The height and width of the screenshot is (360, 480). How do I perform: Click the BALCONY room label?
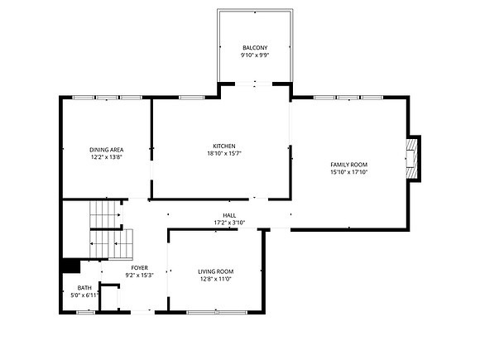[x=255, y=48]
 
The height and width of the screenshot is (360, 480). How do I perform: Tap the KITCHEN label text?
[x=224, y=146]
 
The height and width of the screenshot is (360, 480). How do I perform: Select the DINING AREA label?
[x=107, y=150]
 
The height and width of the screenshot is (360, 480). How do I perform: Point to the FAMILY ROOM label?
[x=348, y=165]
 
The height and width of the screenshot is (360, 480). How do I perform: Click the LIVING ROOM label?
[x=216, y=271]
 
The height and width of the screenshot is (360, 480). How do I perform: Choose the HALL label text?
[x=229, y=216]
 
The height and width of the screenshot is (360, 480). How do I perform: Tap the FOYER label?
[x=140, y=268]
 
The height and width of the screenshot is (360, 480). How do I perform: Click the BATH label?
[x=84, y=288]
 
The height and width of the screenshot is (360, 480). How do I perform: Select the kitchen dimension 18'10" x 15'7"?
[x=224, y=154]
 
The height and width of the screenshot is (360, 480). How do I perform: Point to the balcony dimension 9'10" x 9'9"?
[x=255, y=55]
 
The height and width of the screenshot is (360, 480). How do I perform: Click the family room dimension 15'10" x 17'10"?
[x=348, y=172]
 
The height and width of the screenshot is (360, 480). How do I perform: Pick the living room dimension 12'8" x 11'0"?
[x=216, y=279]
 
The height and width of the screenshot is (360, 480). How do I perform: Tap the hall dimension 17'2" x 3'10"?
[x=229, y=223]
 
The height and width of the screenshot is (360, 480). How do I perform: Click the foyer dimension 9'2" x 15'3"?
[x=140, y=276]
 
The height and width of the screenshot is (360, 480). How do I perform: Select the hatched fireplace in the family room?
[x=412, y=159]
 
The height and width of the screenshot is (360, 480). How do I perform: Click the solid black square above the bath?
[x=71, y=266]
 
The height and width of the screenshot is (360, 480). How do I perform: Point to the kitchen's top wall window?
[x=192, y=98]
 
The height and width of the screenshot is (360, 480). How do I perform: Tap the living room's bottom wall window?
[x=217, y=313]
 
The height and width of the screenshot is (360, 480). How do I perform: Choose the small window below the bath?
[x=86, y=313]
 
